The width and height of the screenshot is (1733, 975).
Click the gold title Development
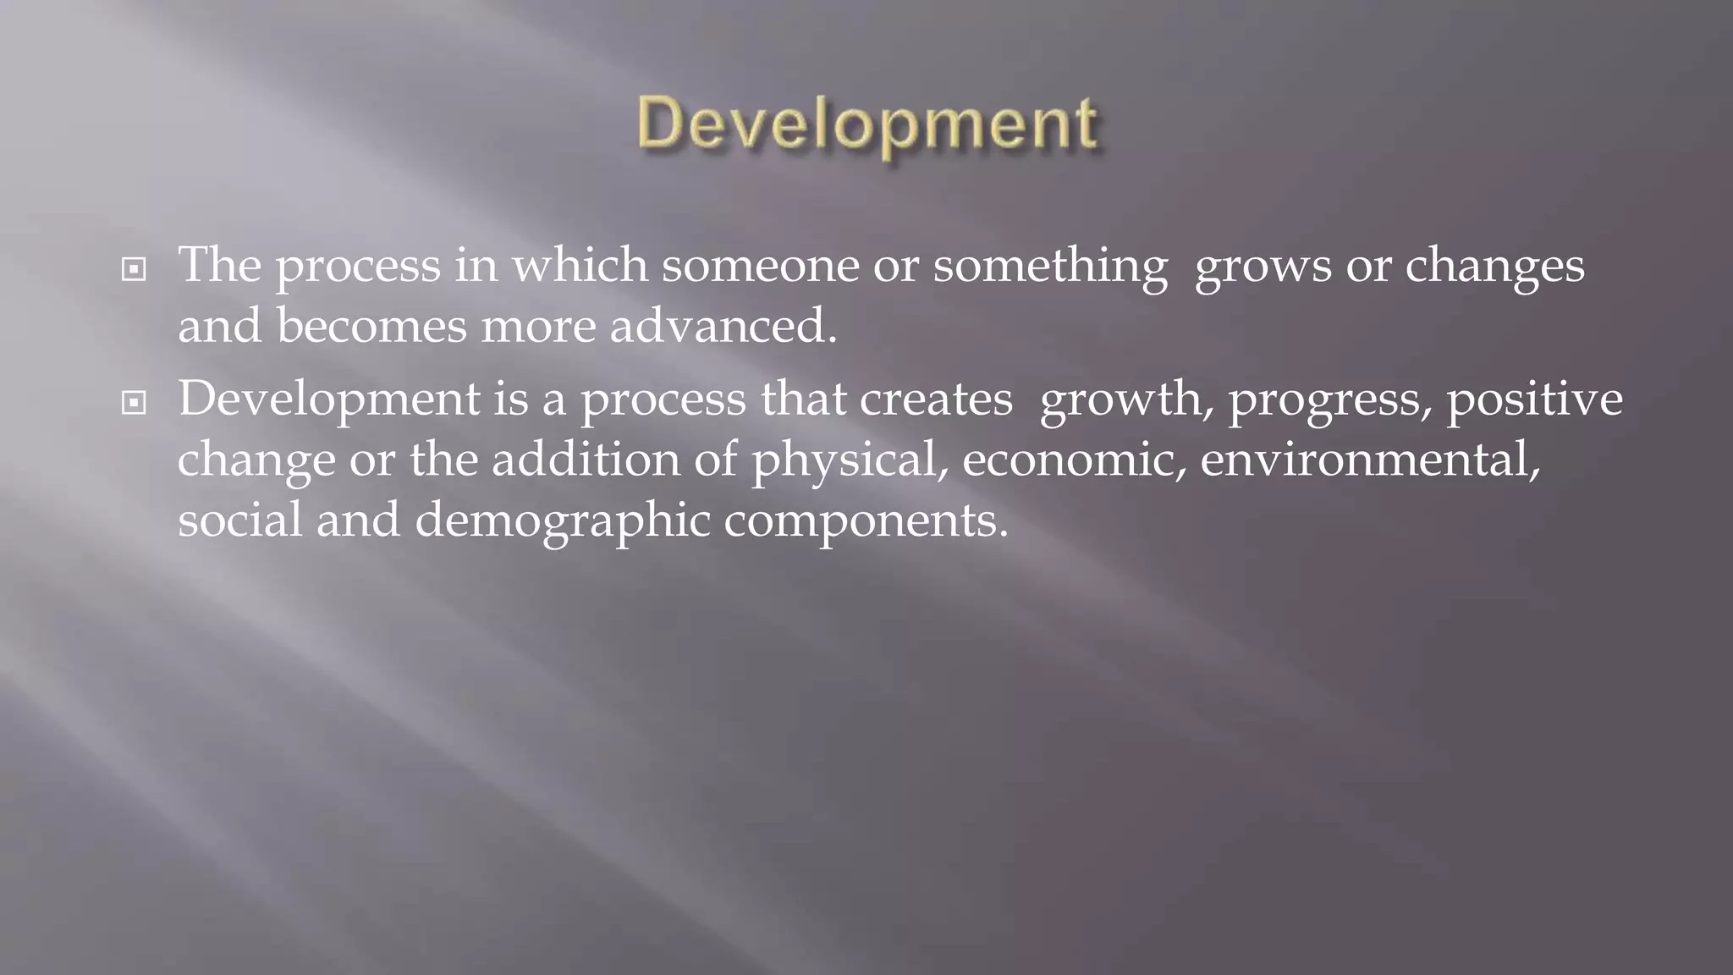click(868, 124)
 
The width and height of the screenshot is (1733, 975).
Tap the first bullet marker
click(134, 270)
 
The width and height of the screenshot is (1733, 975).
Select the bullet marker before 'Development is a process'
click(134, 403)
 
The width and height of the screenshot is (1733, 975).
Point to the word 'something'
click(1050, 267)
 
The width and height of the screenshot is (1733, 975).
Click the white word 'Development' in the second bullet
click(329, 399)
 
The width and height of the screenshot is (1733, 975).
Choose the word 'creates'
click(936, 399)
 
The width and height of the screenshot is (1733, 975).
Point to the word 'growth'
click(1121, 399)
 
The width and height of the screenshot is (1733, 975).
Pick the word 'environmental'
click(1366, 460)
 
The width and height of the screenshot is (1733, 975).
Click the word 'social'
click(239, 519)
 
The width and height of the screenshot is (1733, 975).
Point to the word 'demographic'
click(562, 521)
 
